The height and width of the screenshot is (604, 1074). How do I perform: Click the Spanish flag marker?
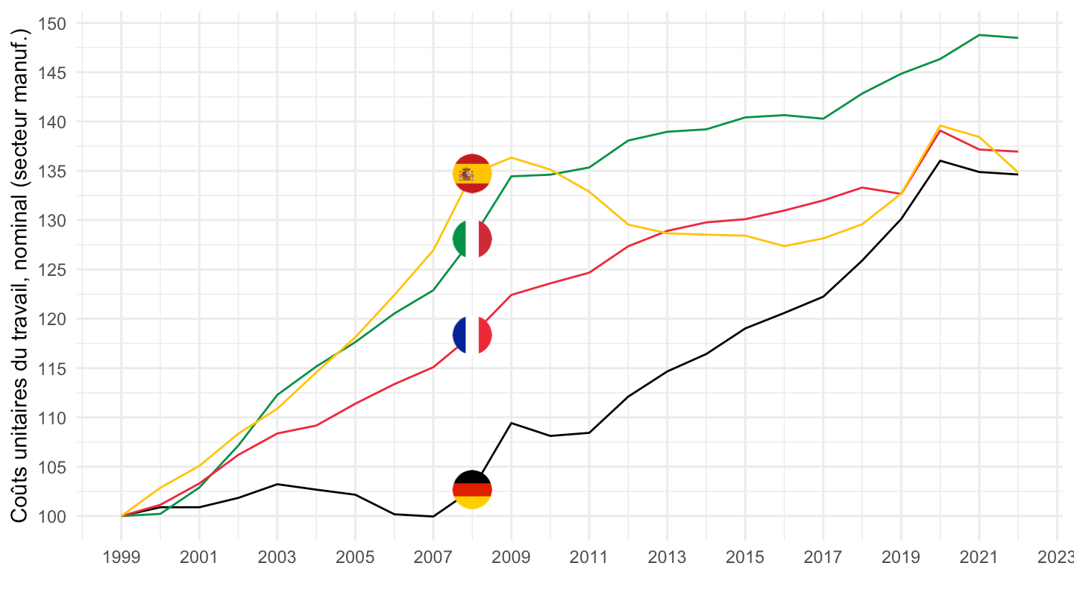point(472,174)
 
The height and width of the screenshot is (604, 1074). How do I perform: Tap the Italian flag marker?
point(472,239)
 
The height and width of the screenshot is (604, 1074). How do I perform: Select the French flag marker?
point(472,334)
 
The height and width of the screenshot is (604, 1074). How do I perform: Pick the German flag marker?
point(472,489)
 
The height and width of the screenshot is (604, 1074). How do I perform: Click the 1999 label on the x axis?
point(122,558)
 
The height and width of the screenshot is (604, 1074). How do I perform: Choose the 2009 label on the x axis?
point(511,558)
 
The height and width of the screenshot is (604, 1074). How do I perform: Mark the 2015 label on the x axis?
point(744,558)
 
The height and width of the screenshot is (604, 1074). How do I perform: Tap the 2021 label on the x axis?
point(979,558)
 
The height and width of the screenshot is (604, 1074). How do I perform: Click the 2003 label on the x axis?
point(277,558)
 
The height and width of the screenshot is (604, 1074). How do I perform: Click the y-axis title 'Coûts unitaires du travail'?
point(20,276)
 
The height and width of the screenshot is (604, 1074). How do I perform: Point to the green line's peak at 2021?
point(979,35)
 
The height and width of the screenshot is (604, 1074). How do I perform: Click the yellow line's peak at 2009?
point(511,157)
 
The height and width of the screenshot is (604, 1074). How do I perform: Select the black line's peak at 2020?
point(940,160)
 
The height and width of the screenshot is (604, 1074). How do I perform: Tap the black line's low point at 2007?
point(433,516)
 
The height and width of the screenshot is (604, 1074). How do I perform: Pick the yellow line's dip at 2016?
point(784,246)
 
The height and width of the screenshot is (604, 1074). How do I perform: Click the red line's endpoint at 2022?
point(1017,151)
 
